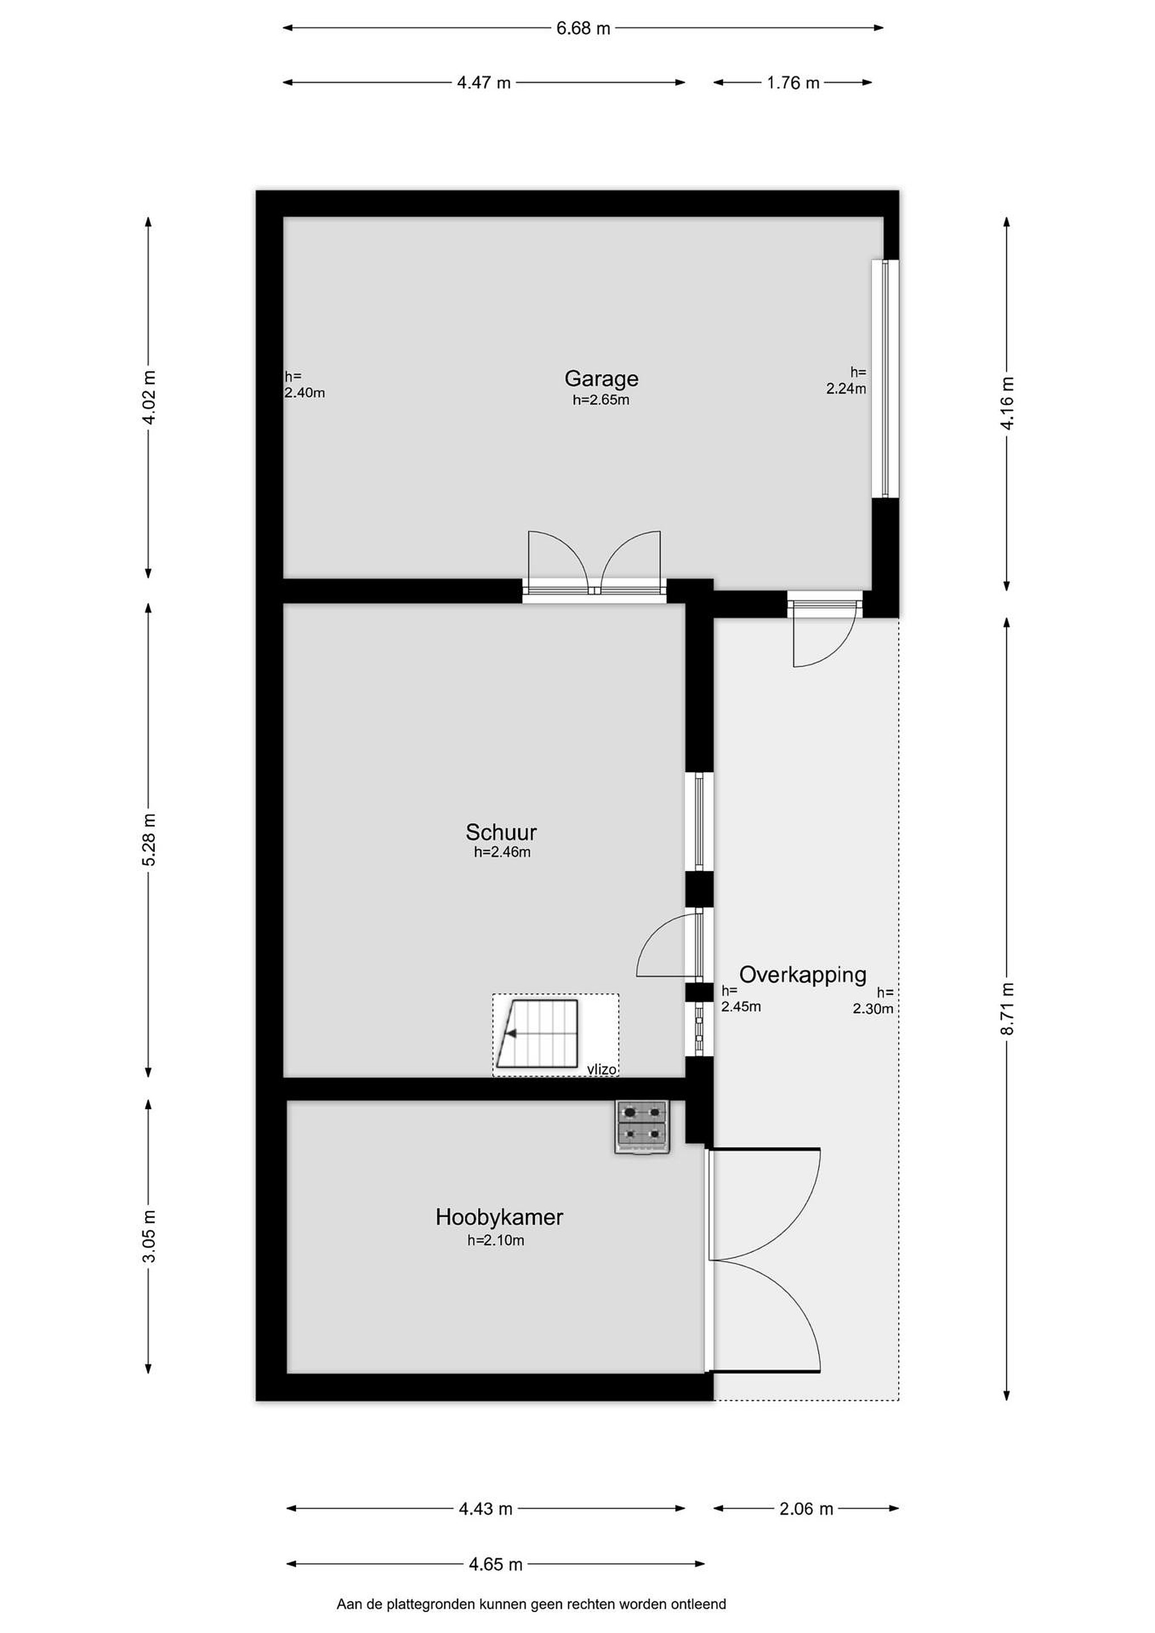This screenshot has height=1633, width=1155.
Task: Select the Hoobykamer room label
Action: pyautogui.click(x=500, y=1217)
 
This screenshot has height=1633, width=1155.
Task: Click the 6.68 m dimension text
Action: pyautogui.click(x=583, y=28)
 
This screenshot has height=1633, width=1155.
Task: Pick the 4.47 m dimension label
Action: pyautogui.click(x=484, y=83)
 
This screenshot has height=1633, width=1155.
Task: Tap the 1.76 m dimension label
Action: pyautogui.click(x=793, y=83)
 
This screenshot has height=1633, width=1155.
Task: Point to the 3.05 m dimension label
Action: pyautogui.click(x=149, y=1236)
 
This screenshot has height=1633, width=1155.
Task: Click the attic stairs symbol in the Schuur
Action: pyautogui.click(x=539, y=1034)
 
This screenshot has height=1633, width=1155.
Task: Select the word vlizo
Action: pyautogui.click(x=602, y=1069)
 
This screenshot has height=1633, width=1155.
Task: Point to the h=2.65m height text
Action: pyautogui.click(x=601, y=400)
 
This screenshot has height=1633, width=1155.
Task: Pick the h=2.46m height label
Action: pyautogui.click(x=502, y=852)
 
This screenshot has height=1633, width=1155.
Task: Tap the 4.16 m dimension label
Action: pyautogui.click(x=1007, y=403)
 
